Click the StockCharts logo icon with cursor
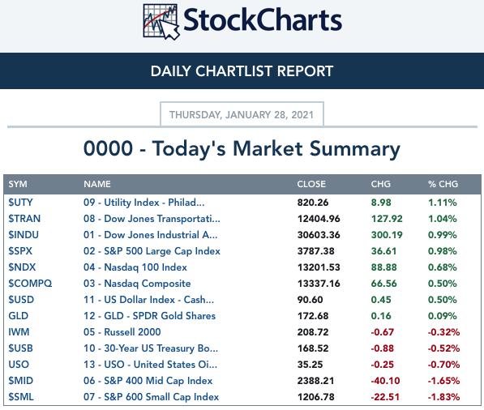(161, 22)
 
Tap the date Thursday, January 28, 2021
(242, 115)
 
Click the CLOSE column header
(311, 184)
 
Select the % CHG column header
(443, 184)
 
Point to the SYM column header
(18, 184)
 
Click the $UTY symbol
(20, 203)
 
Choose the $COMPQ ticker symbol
(30, 284)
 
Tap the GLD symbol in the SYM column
(19, 316)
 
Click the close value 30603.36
(319, 235)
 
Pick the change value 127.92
(387, 219)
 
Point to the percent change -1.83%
(443, 397)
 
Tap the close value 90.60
(310, 300)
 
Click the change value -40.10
(385, 381)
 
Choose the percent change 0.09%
(443, 316)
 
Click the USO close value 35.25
(310, 365)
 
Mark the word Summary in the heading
(354, 149)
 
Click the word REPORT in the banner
(305, 71)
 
